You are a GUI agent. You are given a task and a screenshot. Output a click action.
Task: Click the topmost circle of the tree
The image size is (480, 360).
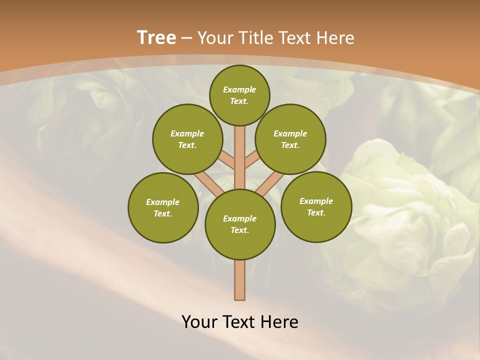point(239,95)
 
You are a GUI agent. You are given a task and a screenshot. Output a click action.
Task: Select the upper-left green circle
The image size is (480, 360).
point(187,139)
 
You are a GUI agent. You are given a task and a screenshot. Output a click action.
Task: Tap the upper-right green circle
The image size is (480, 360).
point(290,139)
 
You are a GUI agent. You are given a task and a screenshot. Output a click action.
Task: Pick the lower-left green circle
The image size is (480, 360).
point(163,207)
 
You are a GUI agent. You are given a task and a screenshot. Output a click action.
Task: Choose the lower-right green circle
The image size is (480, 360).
point(316,206)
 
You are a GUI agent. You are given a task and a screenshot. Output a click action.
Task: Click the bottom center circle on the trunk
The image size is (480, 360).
point(240,224)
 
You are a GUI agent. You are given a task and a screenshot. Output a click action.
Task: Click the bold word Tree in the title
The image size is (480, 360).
point(156,37)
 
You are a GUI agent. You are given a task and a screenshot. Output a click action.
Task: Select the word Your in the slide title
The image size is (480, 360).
point(216,37)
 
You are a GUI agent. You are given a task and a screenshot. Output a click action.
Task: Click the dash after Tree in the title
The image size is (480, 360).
point(186,38)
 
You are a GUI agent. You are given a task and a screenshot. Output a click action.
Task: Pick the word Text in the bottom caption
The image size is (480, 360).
point(238,321)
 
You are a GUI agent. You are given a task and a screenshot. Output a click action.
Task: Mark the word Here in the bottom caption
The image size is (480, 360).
point(280,321)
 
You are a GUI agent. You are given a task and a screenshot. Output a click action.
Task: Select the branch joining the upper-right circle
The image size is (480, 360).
point(251,160)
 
